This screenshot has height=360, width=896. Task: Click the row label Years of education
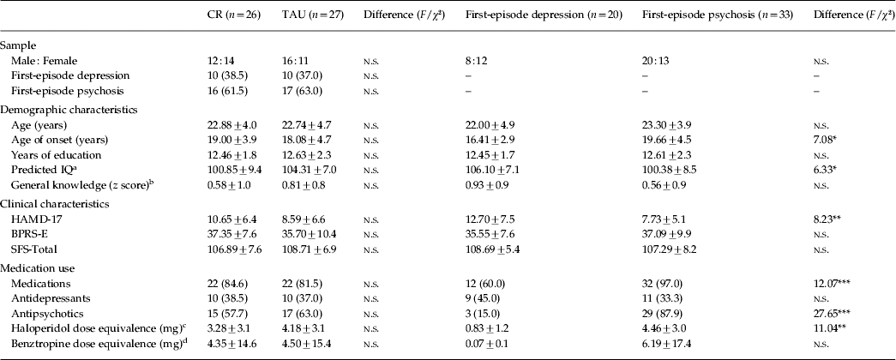pos(51,154)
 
